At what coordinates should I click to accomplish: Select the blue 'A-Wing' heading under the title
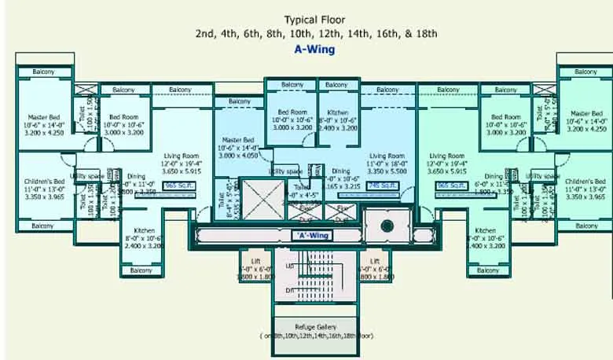click(314, 49)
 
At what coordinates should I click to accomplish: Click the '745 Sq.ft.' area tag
click(385, 186)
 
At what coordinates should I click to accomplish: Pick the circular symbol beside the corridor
click(387, 226)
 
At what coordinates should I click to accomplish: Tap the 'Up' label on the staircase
click(291, 266)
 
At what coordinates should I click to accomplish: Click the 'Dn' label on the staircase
click(291, 290)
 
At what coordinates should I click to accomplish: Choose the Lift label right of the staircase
click(375, 260)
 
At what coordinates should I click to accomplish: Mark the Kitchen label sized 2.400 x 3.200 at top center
click(336, 112)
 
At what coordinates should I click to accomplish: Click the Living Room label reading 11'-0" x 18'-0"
click(387, 156)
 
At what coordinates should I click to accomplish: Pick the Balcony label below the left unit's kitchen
click(141, 270)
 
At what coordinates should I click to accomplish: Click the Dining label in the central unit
click(340, 171)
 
